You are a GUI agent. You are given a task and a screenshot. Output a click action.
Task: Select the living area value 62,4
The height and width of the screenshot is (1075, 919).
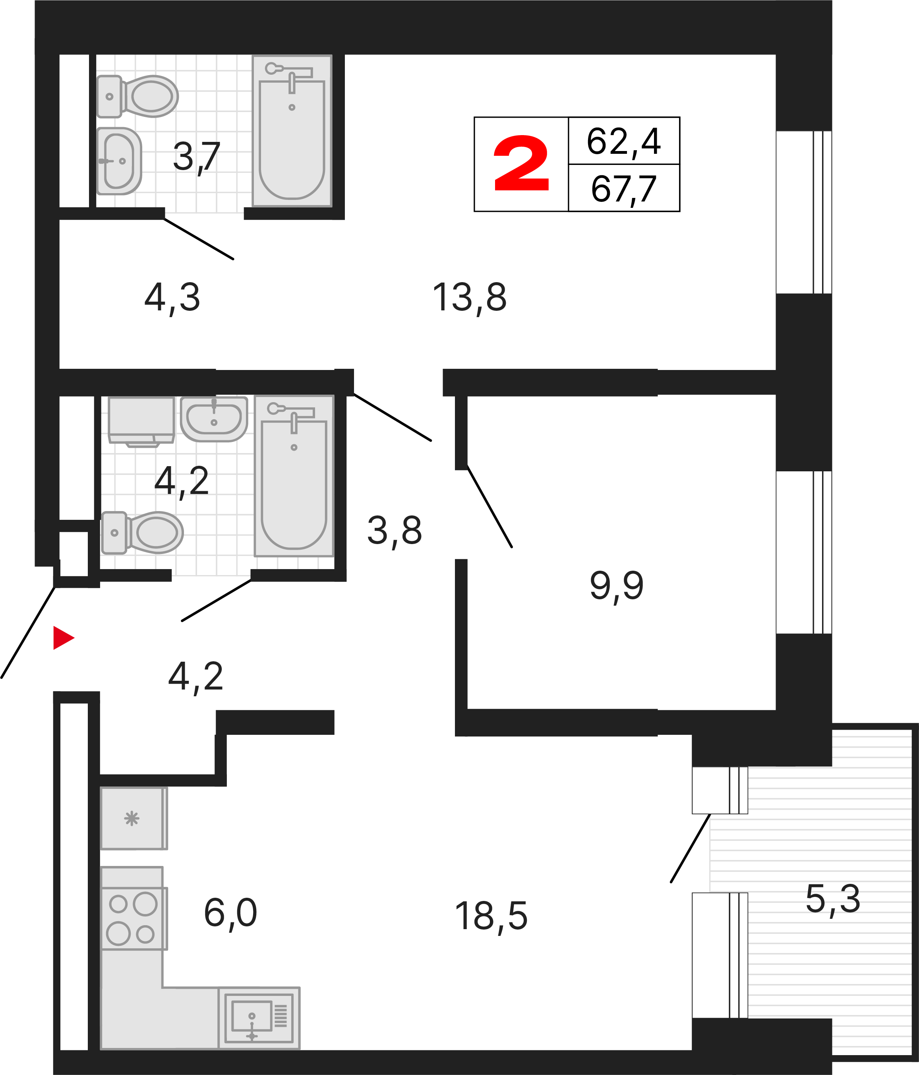pos(624,141)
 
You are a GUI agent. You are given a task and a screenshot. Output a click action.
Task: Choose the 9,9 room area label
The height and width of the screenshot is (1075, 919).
pos(617,586)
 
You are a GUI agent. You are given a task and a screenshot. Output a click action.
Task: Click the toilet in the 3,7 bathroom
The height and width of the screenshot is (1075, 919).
pos(137,96)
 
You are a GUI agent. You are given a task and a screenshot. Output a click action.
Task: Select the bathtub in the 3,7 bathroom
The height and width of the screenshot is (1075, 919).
pos(292,131)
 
